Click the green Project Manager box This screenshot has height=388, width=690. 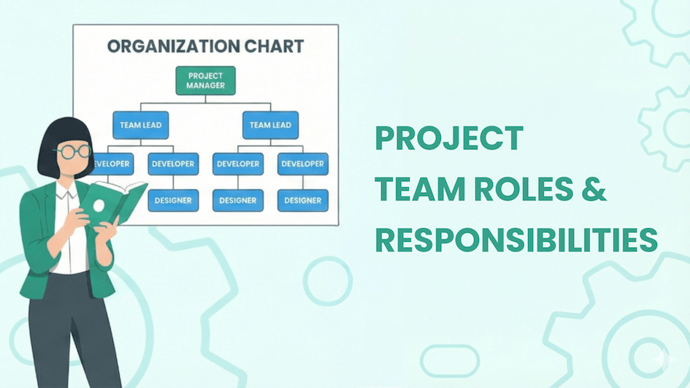coord(205,80)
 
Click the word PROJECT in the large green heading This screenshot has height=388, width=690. coord(449,139)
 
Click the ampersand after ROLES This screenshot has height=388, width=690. coord(597,190)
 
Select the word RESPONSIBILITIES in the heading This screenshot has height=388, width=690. coord(516,240)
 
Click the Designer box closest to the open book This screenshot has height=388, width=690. coord(174,200)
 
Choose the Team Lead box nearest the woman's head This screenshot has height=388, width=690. coord(141,125)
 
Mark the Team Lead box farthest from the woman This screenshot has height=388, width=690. coord(270,125)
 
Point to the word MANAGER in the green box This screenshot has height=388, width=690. coord(205,85)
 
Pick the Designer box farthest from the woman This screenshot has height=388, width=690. coord(303,200)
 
